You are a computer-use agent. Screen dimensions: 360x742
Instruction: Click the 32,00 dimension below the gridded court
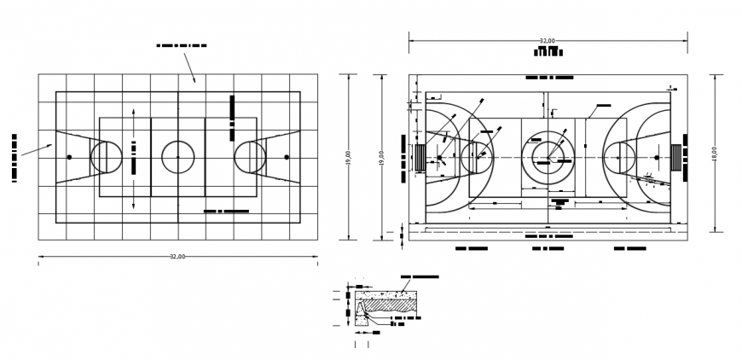click(x=177, y=256)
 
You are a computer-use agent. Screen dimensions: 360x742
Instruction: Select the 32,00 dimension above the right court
click(x=548, y=40)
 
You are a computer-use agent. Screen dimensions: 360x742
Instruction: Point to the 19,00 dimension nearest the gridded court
click(x=348, y=158)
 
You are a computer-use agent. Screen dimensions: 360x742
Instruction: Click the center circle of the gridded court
click(x=177, y=157)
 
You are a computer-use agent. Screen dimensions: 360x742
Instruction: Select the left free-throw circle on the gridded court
click(x=106, y=158)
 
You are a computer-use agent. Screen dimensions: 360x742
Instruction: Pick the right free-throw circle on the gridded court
click(x=250, y=158)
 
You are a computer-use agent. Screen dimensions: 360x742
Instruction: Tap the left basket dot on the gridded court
click(x=69, y=157)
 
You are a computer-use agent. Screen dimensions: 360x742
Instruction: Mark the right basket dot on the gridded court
click(x=286, y=157)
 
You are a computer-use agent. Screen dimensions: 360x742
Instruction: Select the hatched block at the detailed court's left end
click(x=419, y=158)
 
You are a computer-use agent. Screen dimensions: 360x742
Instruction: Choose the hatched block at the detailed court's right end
click(x=676, y=158)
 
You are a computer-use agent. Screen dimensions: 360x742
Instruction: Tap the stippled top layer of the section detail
click(x=388, y=293)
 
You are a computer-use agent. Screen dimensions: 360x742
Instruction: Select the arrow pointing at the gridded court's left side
click(x=35, y=150)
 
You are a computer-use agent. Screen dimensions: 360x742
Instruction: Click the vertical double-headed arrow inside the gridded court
click(x=133, y=158)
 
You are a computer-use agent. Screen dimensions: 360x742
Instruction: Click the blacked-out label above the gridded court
click(x=182, y=45)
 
